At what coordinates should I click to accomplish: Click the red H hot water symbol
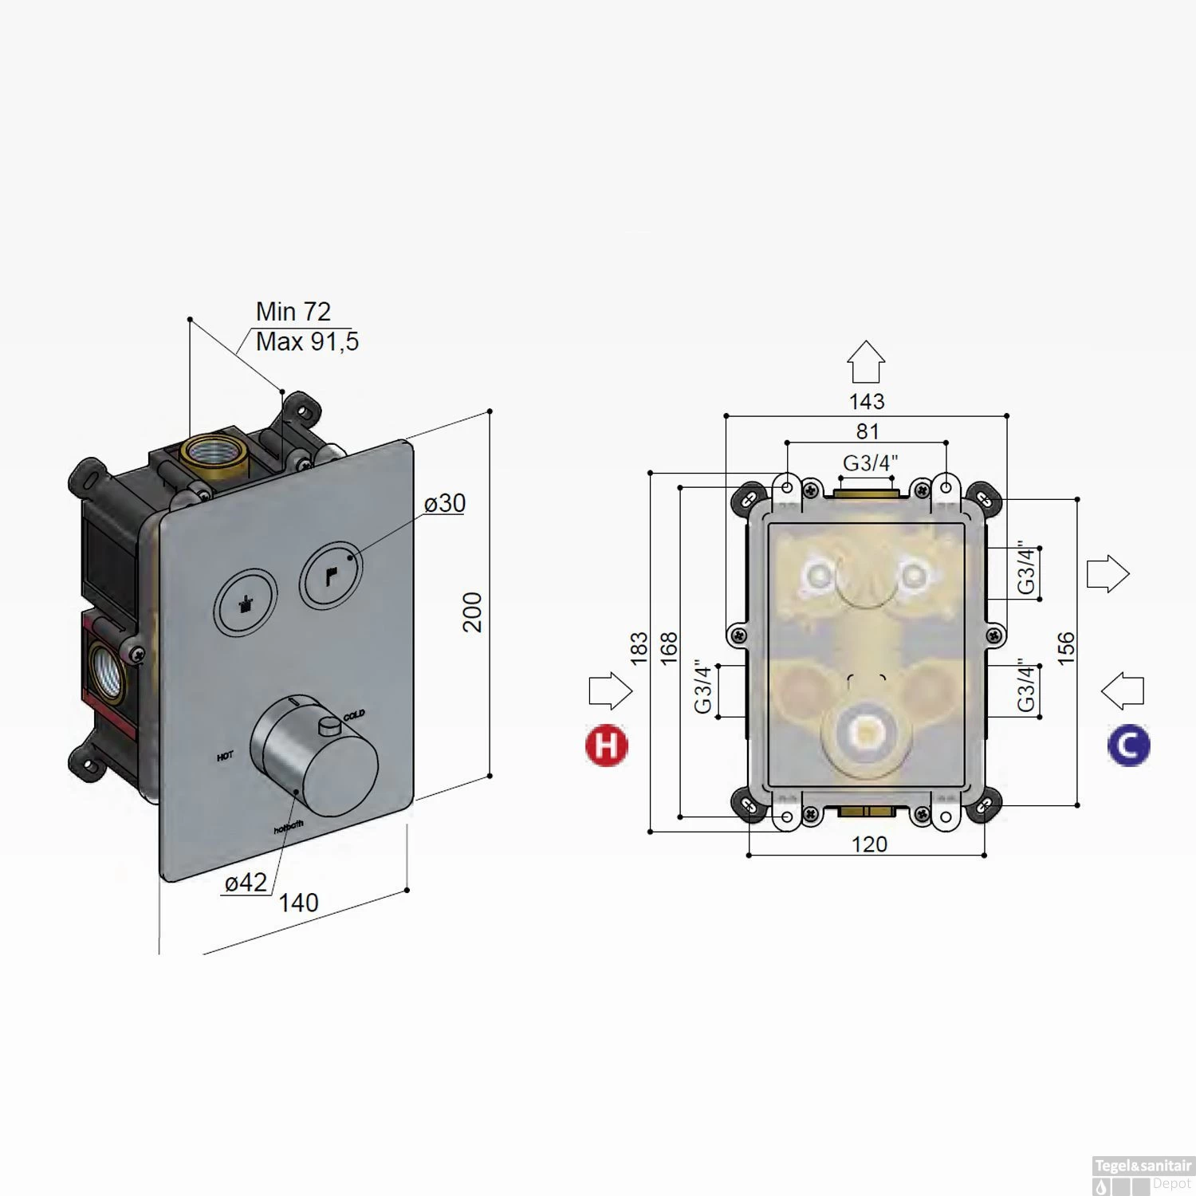[x=606, y=746]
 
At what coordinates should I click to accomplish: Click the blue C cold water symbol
[x=1128, y=746]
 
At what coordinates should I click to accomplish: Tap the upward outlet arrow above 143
[x=866, y=362]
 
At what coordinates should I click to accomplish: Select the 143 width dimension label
[x=867, y=401]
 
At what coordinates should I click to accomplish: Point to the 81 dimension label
[x=867, y=431]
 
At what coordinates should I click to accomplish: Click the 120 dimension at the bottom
[x=868, y=844]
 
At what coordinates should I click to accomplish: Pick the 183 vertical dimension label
[x=639, y=648]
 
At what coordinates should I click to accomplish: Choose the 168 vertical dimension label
[x=668, y=648]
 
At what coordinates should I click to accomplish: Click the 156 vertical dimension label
[x=1066, y=648]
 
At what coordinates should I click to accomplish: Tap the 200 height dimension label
[x=473, y=612]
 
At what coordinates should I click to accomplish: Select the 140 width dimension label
[x=298, y=903]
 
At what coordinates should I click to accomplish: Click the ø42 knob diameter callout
[x=246, y=883]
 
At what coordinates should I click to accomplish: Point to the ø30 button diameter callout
[x=445, y=503]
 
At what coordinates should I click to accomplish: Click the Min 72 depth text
[x=293, y=312]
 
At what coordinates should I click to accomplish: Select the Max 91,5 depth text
[x=307, y=341]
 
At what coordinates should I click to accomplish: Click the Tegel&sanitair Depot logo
[x=1142, y=1174]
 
